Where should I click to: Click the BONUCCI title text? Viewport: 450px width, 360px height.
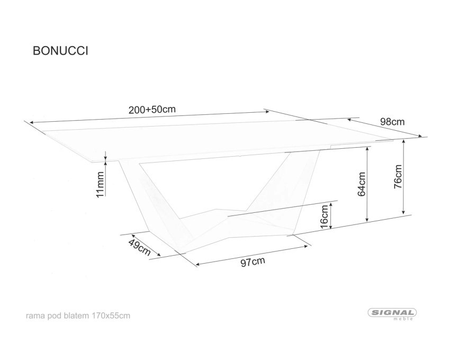60,51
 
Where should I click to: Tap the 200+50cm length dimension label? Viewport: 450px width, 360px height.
152,110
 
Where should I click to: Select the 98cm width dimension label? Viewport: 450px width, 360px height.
392,122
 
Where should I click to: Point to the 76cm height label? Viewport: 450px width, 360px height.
398,176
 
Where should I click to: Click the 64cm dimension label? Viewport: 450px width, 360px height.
362,184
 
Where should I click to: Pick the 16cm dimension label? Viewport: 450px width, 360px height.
324,217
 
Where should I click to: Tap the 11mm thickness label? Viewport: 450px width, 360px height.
100,185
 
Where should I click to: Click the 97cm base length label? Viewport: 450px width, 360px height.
253,262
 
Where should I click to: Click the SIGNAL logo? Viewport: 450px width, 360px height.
392,313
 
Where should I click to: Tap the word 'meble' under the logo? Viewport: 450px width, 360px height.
403,319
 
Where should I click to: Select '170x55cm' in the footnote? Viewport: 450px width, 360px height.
111,316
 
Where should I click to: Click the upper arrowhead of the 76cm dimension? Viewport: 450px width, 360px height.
403,141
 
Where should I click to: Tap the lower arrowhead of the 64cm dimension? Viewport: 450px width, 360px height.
367,220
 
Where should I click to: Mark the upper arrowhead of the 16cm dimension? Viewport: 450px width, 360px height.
331,205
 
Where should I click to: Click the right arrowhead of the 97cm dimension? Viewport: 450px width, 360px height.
305,246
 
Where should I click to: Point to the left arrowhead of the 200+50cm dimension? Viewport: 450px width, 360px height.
31,123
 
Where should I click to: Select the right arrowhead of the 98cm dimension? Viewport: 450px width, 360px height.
420,137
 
